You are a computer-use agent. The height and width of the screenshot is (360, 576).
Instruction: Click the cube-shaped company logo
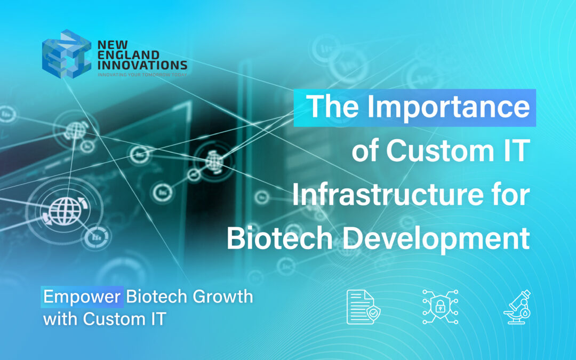click(66, 53)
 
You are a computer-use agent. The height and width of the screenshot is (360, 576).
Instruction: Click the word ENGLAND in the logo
click(121, 54)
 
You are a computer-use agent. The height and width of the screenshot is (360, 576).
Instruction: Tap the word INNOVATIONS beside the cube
click(142, 65)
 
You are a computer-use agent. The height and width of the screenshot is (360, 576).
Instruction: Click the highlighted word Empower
click(82, 297)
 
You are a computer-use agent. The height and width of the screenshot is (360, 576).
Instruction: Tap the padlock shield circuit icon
click(439, 307)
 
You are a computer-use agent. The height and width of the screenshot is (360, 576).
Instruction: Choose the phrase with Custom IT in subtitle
click(105, 319)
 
